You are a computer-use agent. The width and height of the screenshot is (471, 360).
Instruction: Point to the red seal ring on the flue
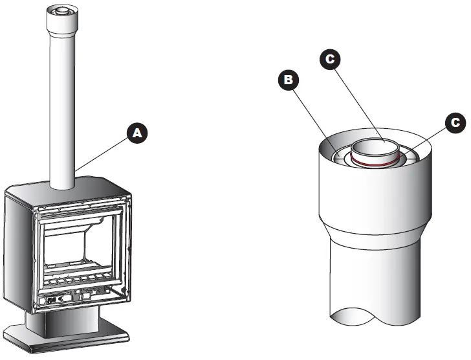pyautogui.click(x=375, y=165)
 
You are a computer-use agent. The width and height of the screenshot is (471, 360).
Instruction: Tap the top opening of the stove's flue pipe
pyautogui.click(x=62, y=12)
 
